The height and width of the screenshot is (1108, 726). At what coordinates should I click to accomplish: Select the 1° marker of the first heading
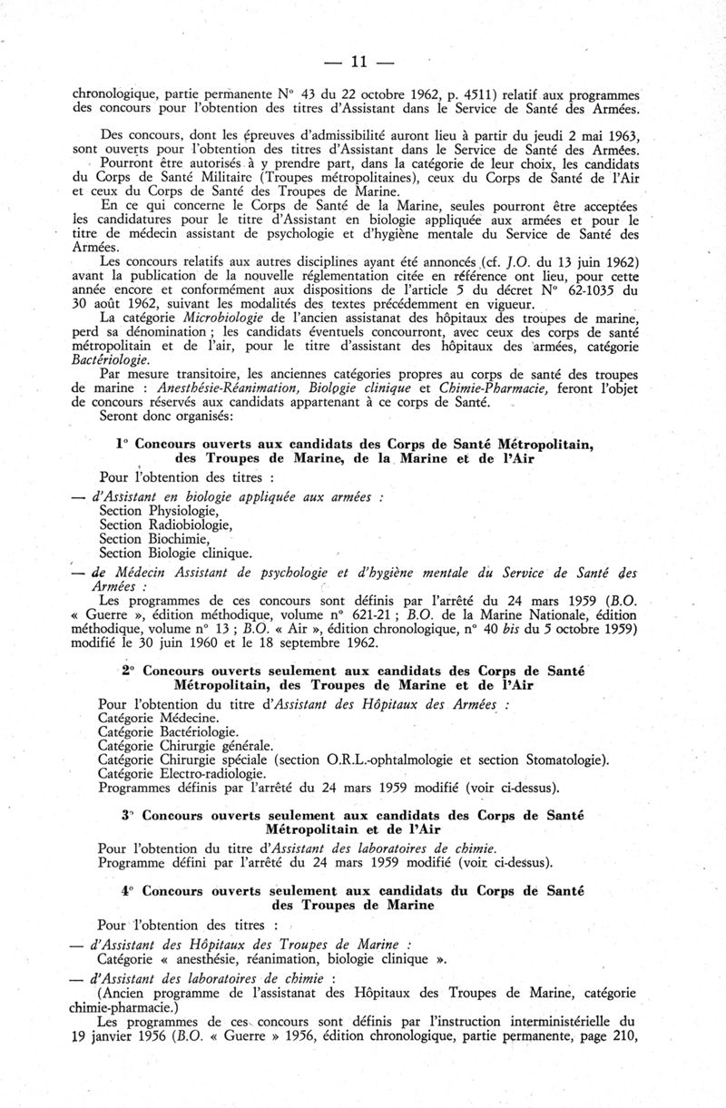123,445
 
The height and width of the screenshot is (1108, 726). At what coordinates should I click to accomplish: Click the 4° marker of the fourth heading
127,893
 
